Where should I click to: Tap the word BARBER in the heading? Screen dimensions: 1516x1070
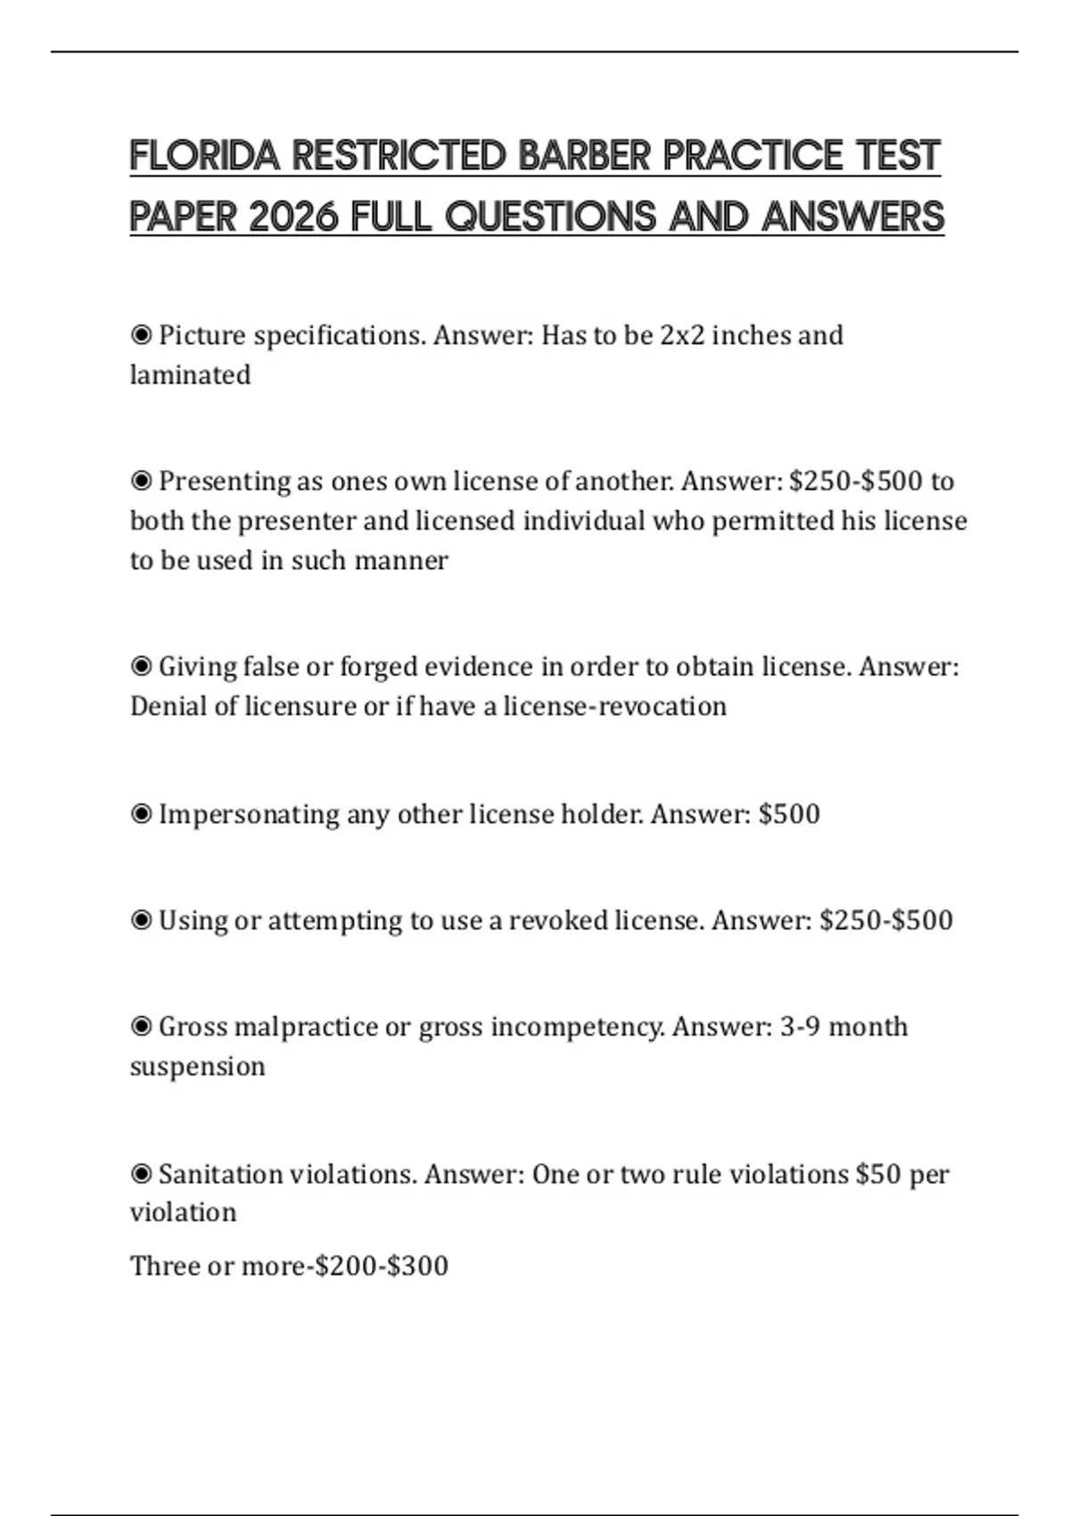coord(584,156)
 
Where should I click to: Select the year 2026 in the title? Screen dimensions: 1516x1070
coord(294,217)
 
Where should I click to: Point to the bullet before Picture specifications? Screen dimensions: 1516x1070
coord(141,335)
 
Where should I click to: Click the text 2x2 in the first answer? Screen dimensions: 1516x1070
coord(681,335)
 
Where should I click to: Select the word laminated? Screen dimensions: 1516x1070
coord(190,375)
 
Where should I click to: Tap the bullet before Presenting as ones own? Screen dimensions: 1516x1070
coord(141,482)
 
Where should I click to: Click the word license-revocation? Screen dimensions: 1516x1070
coord(614,706)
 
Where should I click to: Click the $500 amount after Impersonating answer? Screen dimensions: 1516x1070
coord(789,814)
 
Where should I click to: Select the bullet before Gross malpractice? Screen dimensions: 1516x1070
coord(141,1027)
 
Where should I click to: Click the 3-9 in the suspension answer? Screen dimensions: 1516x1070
coord(800,1027)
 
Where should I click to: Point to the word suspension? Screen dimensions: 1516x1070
coord(197,1067)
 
